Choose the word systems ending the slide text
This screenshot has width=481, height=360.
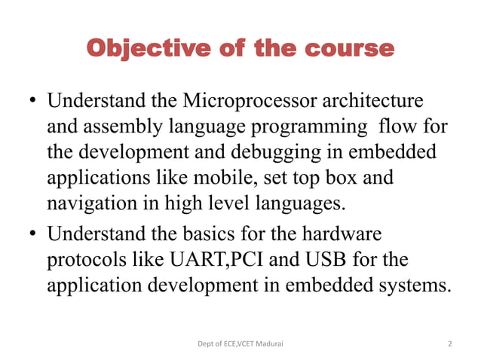(411, 286)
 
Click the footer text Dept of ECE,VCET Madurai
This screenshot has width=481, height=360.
(240, 343)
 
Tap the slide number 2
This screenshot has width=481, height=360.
(450, 343)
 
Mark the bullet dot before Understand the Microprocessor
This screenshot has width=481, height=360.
(34, 102)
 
